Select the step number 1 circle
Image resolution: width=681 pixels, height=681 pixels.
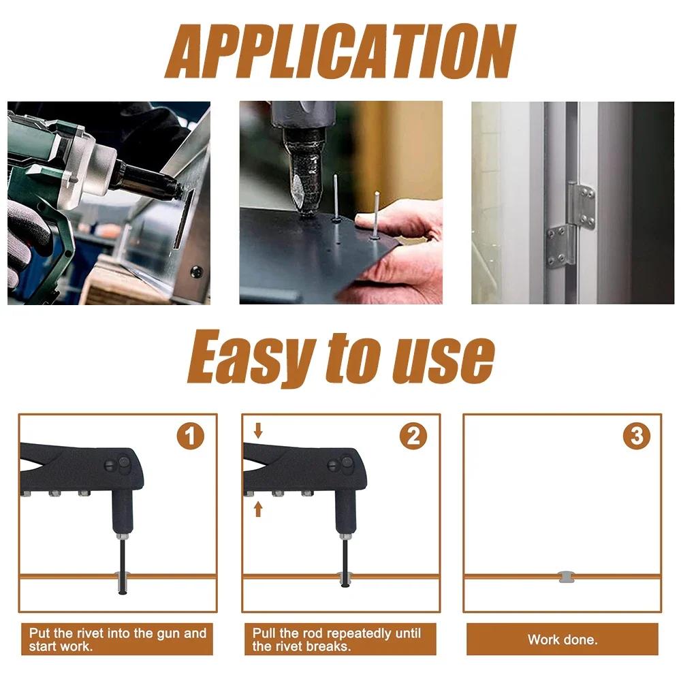[191, 436]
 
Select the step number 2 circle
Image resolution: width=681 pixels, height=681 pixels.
[413, 436]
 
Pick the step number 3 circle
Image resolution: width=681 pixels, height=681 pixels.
[636, 436]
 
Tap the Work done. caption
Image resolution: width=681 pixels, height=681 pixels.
[562, 639]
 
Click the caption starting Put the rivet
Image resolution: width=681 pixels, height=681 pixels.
[118, 639]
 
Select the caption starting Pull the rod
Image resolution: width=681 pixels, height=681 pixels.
[337, 639]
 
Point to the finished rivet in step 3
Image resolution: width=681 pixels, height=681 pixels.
[564, 577]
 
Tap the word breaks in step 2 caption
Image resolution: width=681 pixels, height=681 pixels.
[331, 646]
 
